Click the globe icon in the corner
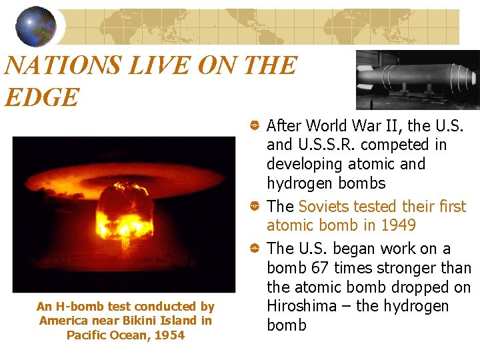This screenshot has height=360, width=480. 36,26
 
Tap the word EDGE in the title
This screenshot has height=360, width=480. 41,97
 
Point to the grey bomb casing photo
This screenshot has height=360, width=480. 417,79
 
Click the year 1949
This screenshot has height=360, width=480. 398,225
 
